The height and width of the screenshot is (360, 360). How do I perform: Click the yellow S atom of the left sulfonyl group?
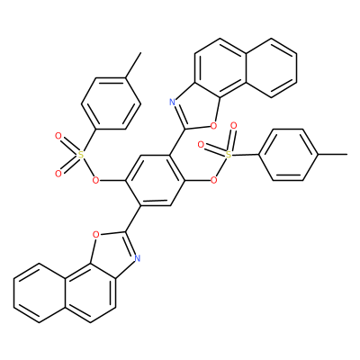tap(80, 155)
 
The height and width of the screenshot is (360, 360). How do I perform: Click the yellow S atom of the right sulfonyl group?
tap(229, 155)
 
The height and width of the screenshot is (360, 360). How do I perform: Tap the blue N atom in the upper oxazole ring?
tap(172, 103)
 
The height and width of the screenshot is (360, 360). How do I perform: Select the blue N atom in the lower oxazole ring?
tap(137, 257)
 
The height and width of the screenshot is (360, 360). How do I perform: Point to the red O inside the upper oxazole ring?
tap(213, 126)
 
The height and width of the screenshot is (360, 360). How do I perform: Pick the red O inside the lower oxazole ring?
tap(95, 234)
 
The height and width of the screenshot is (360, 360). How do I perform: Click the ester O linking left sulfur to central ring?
tap(95, 180)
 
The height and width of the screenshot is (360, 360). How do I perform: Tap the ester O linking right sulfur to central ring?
tap(213, 180)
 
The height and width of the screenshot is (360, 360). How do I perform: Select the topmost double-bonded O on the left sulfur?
tap(58, 137)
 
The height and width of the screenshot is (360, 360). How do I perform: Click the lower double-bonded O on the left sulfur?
tap(58, 174)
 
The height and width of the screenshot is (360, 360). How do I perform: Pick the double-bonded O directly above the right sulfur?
tap(233, 125)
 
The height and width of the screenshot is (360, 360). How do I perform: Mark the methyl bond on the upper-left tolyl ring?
tap(133, 66)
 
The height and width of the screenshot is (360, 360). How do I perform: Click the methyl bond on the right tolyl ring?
tap(332, 155)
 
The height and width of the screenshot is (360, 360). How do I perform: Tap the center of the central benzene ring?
tap(155, 180)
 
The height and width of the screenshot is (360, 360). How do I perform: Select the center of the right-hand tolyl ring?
tap(288, 155)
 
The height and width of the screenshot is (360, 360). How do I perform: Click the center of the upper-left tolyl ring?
tap(111, 104)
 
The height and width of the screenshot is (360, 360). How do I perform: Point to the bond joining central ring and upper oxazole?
tap(177, 142)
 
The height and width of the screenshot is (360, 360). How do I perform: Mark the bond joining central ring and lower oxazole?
tap(133, 219)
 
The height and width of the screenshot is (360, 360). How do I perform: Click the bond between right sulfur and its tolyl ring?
tap(246, 155)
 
